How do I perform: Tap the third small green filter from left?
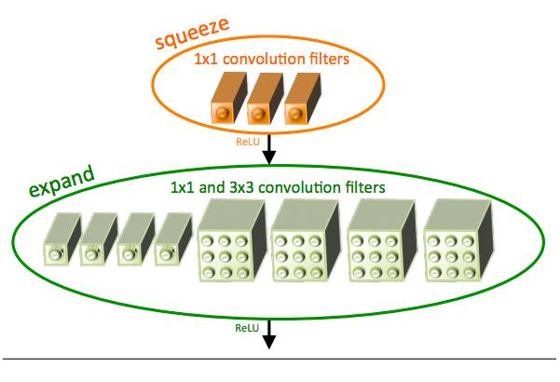(134, 244)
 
